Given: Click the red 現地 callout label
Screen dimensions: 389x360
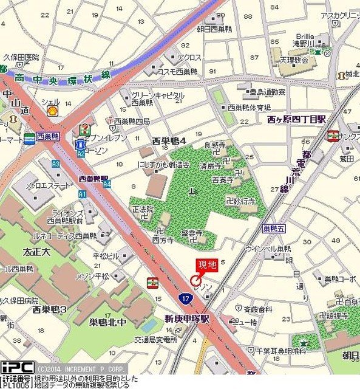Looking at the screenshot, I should point(205,265).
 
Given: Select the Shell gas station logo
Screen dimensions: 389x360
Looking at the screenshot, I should point(53,111).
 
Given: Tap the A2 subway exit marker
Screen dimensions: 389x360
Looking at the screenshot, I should point(80,154).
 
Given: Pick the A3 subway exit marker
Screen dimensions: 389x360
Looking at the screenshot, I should point(56,164).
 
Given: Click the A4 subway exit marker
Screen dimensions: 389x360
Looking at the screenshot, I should point(106,183).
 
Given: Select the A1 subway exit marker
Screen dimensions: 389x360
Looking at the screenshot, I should point(83,193).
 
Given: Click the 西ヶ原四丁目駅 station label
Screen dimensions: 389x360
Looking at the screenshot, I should point(296,120).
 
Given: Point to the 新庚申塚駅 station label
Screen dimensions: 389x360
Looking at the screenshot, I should point(187,318).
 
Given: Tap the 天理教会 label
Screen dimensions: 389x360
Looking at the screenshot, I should point(294,61).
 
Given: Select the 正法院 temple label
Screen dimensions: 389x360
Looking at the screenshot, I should point(143,209).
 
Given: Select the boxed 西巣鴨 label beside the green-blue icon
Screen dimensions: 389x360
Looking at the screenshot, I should point(47,137).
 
